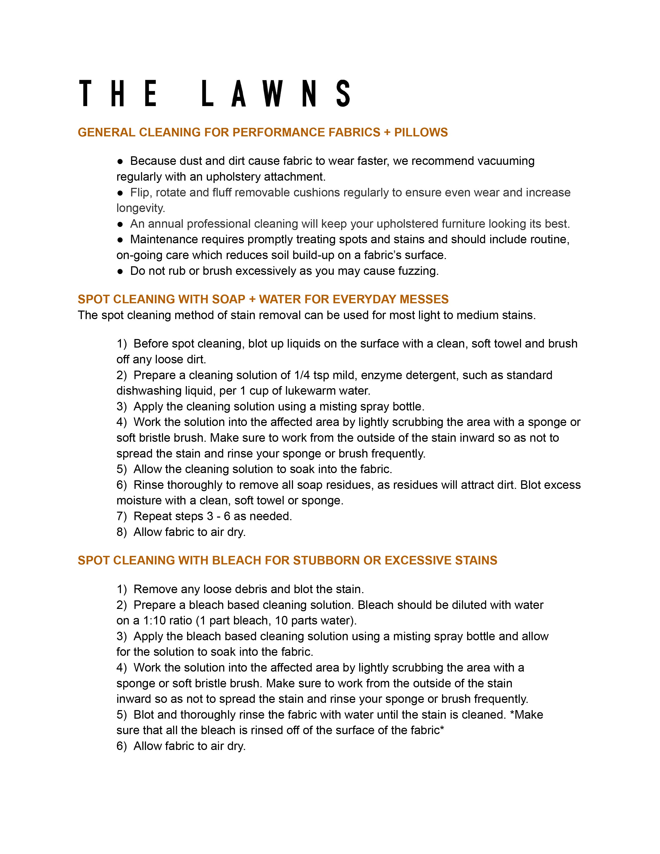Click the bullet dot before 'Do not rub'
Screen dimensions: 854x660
(x=120, y=271)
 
